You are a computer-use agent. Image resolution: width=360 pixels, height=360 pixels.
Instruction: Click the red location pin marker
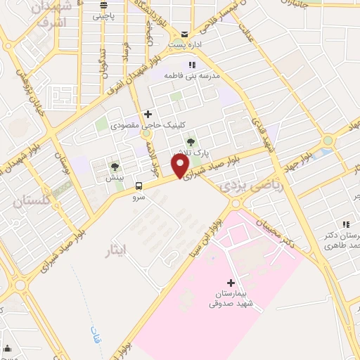click(180, 166)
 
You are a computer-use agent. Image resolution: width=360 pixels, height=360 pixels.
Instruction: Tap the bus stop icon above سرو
click(138, 186)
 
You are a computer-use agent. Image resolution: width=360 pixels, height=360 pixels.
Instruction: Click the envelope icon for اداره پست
click(184, 34)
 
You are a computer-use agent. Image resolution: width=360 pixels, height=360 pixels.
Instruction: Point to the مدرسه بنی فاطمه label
click(192, 74)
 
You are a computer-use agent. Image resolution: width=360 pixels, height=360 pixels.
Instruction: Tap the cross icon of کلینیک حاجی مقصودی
click(147, 114)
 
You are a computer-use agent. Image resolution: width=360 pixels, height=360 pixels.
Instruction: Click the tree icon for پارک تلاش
click(190, 143)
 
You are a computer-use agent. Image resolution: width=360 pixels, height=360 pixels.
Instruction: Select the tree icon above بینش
click(115, 167)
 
